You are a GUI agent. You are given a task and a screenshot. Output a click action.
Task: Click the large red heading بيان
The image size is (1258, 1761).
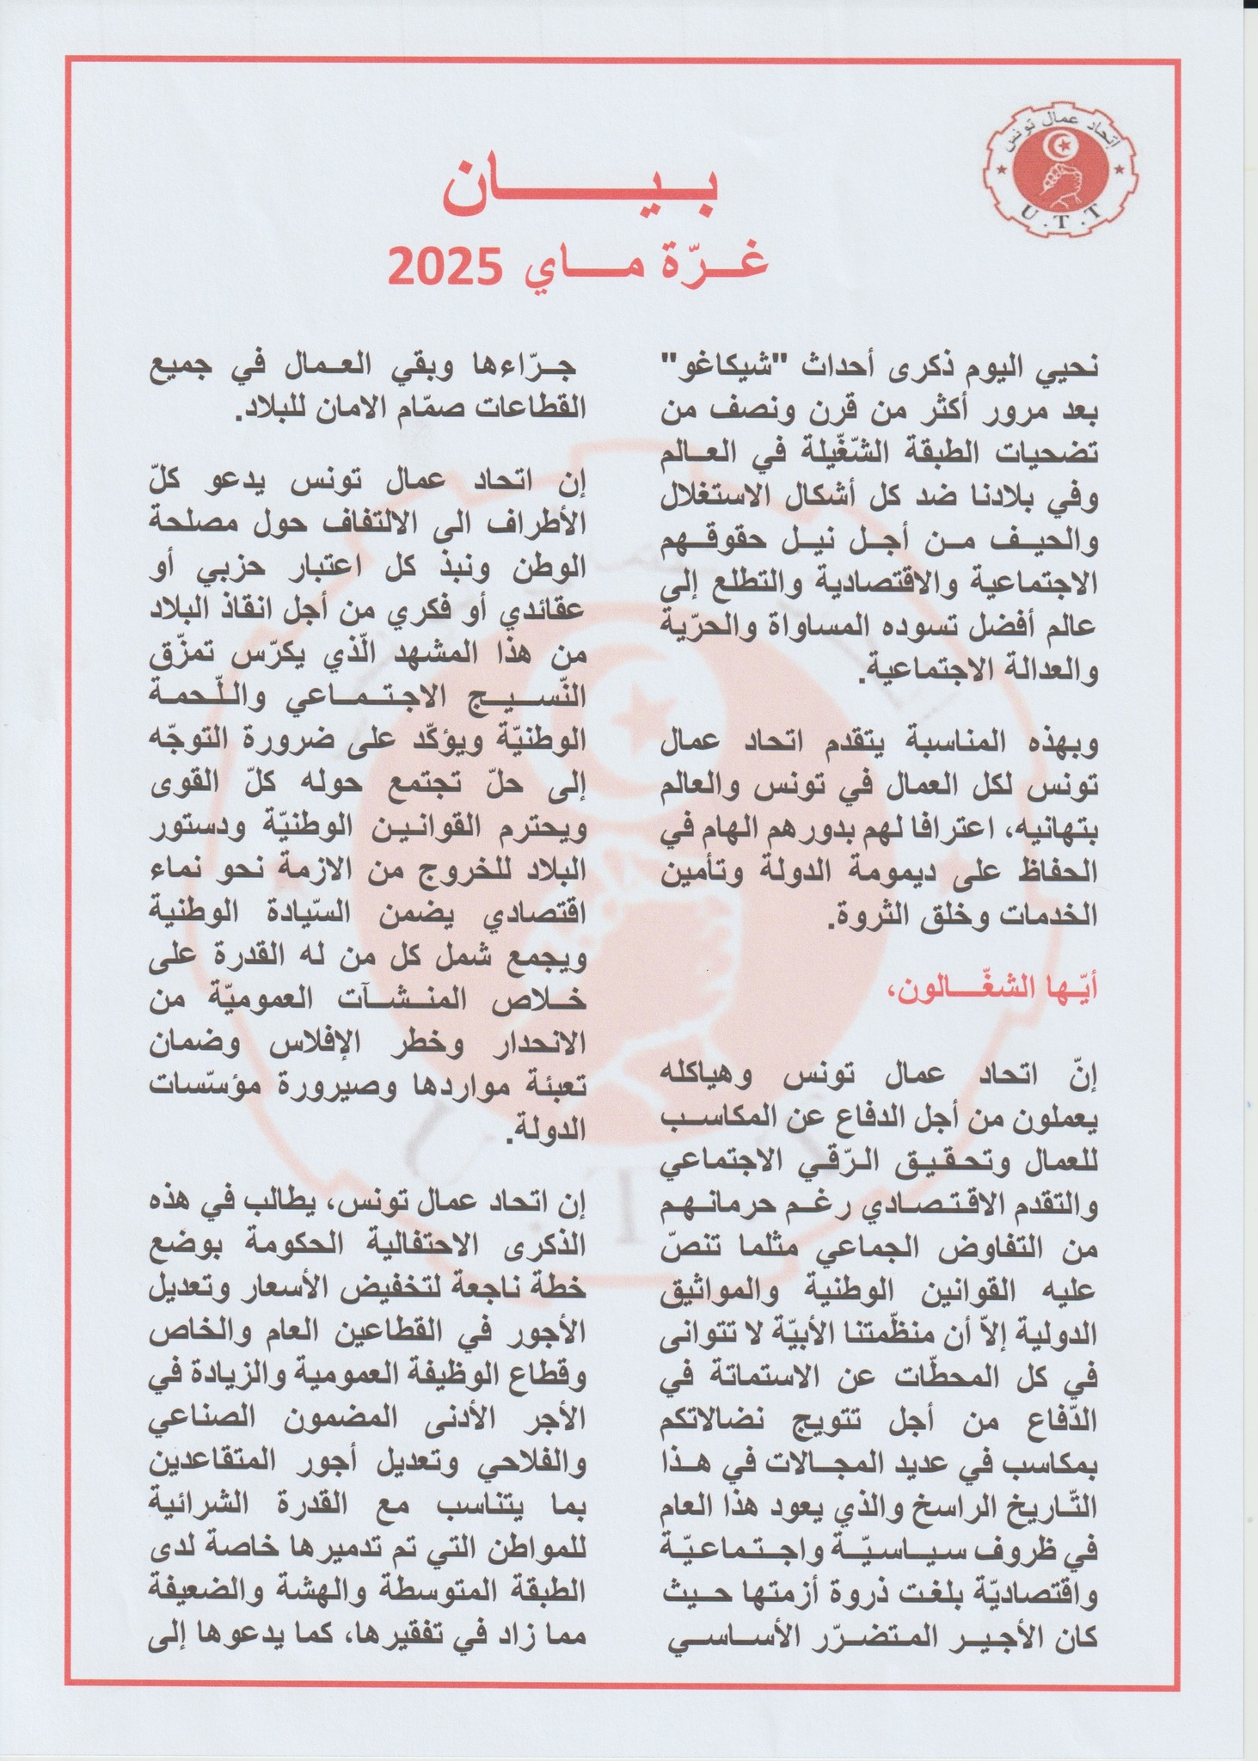[x=581, y=194]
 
